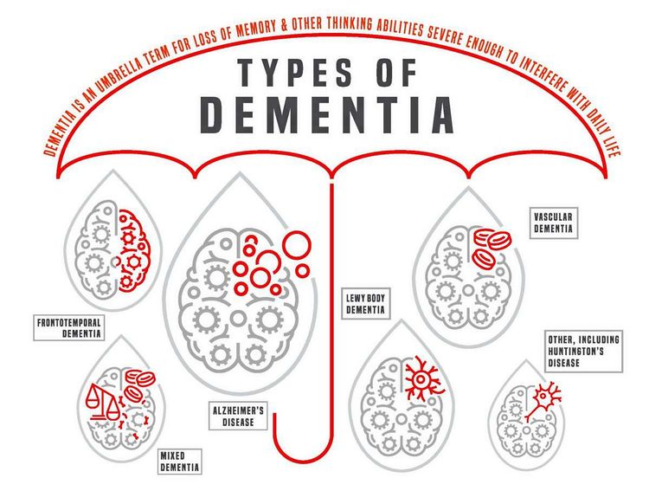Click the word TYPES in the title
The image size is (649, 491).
click(295, 73)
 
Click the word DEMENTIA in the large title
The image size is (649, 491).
click(327, 115)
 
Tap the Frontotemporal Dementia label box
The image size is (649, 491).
click(68, 327)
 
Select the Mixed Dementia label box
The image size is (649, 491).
click(180, 462)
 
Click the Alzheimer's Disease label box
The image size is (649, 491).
click(238, 417)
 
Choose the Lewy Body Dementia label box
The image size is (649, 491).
click(365, 304)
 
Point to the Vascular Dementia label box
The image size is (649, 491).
click(554, 223)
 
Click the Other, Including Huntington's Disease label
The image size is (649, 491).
click(583, 352)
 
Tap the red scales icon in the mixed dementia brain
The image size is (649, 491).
click(102, 402)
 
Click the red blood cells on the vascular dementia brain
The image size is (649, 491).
click(492, 248)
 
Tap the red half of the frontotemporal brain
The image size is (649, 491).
click(132, 251)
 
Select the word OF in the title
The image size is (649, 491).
click(396, 73)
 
